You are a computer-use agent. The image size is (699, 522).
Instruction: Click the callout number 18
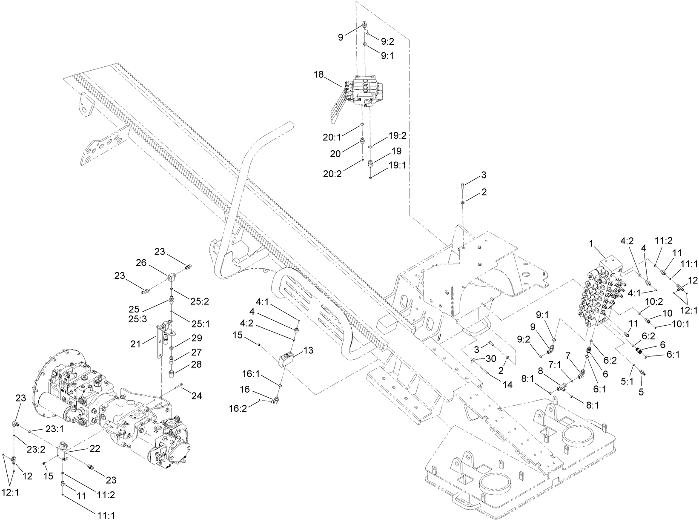click(319, 75)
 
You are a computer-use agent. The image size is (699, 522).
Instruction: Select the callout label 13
click(308, 350)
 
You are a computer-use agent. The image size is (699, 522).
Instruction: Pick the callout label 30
click(491, 359)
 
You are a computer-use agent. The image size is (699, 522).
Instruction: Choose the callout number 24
click(196, 396)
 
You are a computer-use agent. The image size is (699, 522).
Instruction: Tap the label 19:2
click(398, 136)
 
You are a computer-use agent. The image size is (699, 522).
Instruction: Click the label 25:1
click(200, 324)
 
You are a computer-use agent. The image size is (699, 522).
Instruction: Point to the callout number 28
click(196, 364)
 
